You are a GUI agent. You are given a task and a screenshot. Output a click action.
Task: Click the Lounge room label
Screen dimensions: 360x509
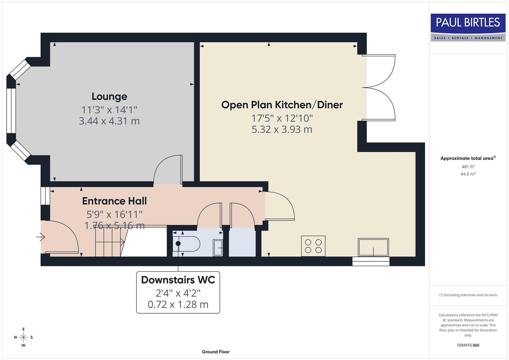point(109,96)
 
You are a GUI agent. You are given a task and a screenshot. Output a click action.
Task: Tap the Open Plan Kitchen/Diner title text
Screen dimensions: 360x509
point(282,105)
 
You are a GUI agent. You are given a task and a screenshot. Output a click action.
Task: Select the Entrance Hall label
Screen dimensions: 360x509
point(114,201)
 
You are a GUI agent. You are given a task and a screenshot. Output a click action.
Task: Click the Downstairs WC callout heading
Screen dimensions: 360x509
point(178,280)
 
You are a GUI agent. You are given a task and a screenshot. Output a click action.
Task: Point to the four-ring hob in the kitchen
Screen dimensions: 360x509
point(313,246)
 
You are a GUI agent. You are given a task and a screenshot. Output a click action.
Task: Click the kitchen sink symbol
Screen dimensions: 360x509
point(373,247)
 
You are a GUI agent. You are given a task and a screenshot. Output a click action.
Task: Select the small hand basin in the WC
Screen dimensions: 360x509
point(218,248)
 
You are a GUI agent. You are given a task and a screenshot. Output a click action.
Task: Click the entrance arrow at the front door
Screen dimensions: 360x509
point(40,237)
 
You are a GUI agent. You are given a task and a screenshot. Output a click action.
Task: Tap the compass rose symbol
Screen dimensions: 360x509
point(23,337)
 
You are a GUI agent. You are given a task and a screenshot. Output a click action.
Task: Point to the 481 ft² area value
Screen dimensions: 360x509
point(468,167)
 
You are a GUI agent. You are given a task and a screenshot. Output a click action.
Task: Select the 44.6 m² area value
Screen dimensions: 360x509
point(468,174)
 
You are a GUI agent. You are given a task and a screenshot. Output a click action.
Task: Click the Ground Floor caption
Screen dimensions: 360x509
point(215,352)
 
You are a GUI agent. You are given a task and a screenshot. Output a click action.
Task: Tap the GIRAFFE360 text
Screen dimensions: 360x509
point(468,345)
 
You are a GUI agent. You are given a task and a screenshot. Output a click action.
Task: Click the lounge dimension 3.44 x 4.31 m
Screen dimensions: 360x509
point(109,121)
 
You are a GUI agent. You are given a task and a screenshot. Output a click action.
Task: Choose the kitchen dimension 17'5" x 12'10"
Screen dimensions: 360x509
point(282,118)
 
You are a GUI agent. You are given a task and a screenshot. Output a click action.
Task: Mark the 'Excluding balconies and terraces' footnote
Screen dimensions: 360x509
point(468,295)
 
